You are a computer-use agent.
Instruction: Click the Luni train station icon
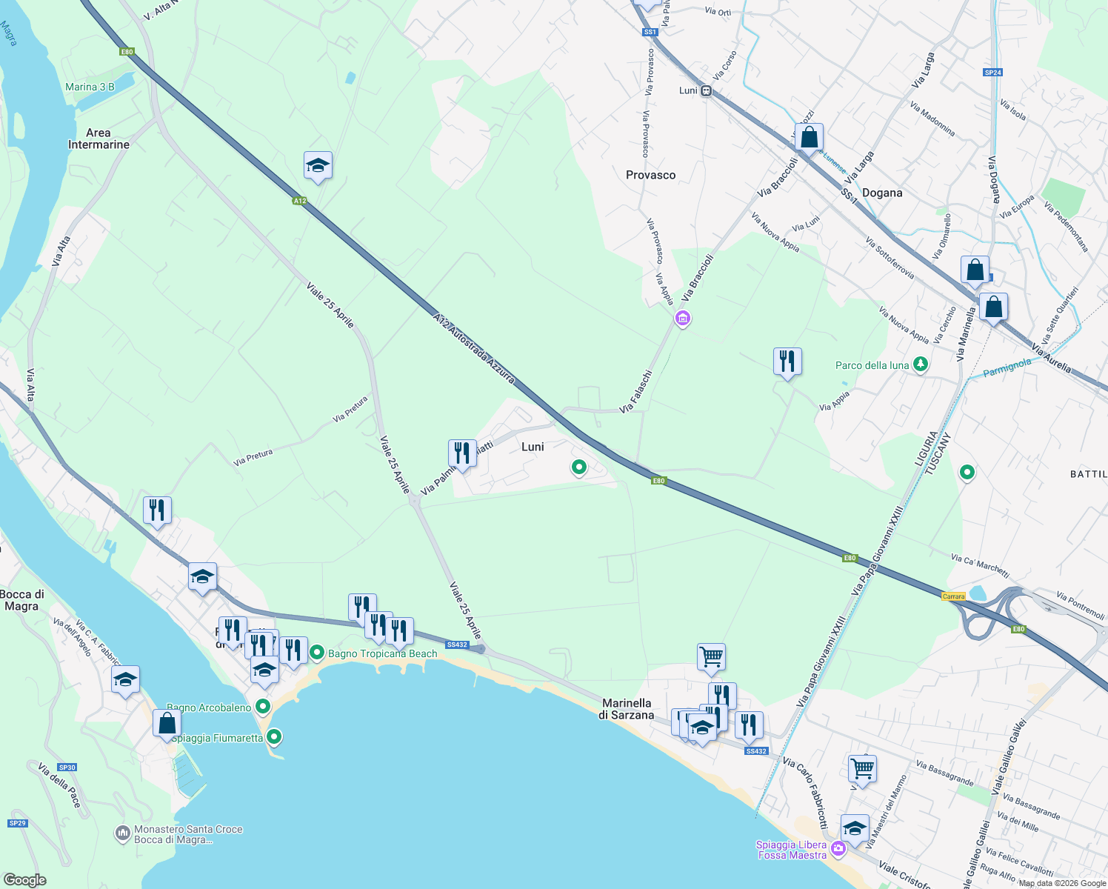tap(707, 91)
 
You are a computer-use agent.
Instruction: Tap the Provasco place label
tap(650, 175)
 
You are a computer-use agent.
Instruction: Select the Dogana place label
tap(882, 193)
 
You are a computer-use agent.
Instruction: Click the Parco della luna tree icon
tap(921, 364)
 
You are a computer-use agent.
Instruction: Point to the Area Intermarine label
tap(99, 139)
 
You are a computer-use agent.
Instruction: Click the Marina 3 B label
tap(90, 87)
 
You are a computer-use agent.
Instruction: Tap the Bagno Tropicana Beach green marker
tap(317, 653)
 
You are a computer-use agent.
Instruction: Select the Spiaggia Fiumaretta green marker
tap(274, 737)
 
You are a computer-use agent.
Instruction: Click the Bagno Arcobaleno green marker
tap(262, 707)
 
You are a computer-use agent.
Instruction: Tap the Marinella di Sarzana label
tap(627, 709)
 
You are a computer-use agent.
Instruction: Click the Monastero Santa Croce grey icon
tap(123, 834)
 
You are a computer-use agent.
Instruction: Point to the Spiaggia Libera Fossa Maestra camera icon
tap(838, 849)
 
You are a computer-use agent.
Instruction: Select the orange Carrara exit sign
tap(954, 596)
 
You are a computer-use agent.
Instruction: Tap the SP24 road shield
tap(992, 73)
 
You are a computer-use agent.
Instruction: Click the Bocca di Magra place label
tap(21, 600)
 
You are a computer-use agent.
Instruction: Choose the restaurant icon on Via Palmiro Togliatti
tap(462, 453)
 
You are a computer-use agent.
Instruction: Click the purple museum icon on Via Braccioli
tap(682, 319)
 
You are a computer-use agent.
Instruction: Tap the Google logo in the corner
tap(25, 880)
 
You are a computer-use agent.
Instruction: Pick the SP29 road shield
tap(17, 823)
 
